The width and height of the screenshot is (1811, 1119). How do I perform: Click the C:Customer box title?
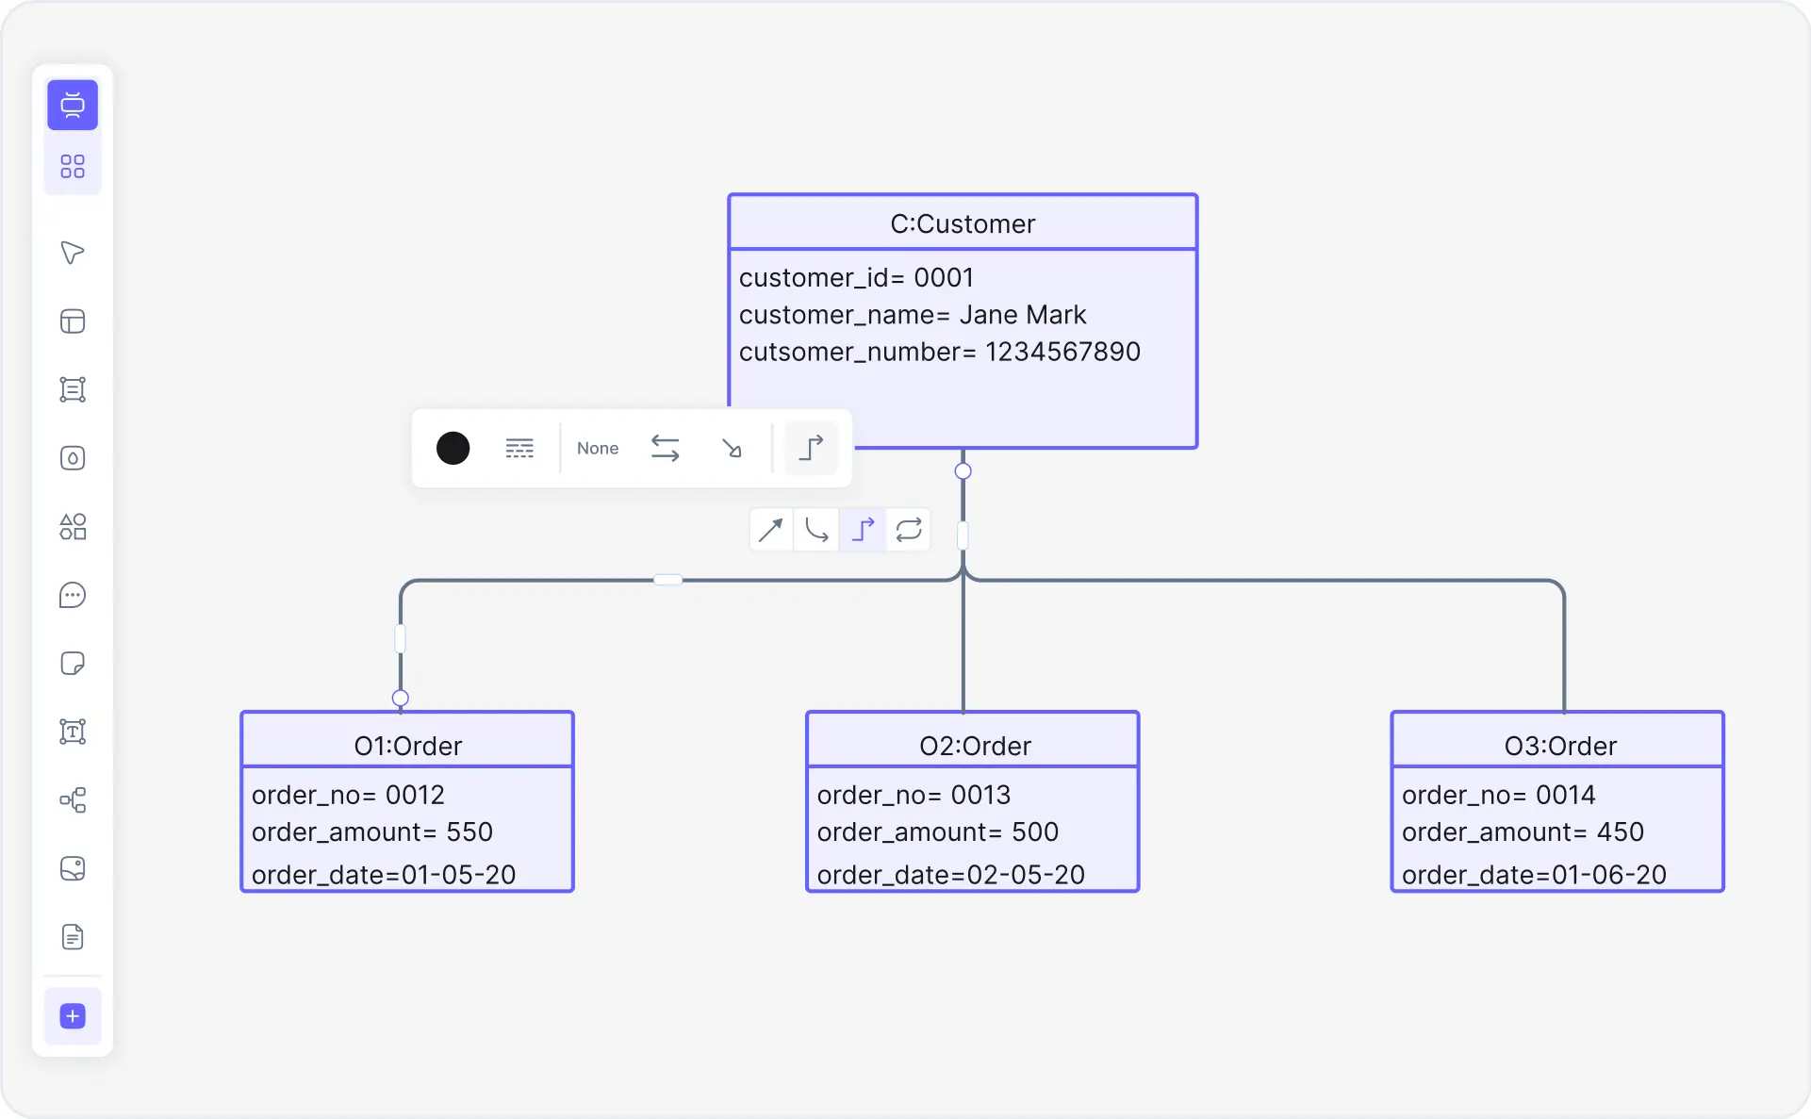[x=963, y=223]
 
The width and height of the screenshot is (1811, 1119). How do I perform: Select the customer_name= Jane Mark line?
[x=912, y=314]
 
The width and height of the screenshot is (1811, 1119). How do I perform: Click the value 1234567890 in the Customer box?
[x=1062, y=352]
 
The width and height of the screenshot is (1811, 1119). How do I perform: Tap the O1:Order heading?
[x=407, y=746]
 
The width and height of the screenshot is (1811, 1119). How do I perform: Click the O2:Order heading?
[x=975, y=746]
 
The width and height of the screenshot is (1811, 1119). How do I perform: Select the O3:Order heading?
[x=1559, y=746]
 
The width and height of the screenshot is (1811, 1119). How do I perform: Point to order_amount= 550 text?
[x=371, y=831]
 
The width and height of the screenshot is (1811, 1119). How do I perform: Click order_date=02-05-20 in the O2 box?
[x=950, y=875]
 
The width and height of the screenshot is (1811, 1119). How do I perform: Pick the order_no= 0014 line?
[x=1498, y=795]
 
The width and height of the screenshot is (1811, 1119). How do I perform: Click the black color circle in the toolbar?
[x=453, y=448]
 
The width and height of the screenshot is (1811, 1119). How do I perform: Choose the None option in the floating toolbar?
[x=598, y=448]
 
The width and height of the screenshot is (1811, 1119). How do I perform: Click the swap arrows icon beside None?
[x=665, y=448]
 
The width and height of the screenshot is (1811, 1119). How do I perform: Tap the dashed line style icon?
[x=519, y=448]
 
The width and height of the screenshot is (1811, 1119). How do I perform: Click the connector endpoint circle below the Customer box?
[x=963, y=470]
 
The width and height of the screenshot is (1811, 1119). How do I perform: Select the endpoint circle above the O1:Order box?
[x=400, y=698]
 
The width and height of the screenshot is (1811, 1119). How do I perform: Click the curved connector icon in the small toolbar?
[x=816, y=530]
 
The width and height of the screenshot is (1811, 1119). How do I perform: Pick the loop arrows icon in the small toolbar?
[x=908, y=530]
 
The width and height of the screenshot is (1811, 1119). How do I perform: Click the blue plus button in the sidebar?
[x=73, y=1015]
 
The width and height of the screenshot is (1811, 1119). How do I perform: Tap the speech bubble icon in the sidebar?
[x=73, y=595]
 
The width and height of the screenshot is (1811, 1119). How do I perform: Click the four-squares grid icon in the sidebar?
[x=73, y=166]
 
